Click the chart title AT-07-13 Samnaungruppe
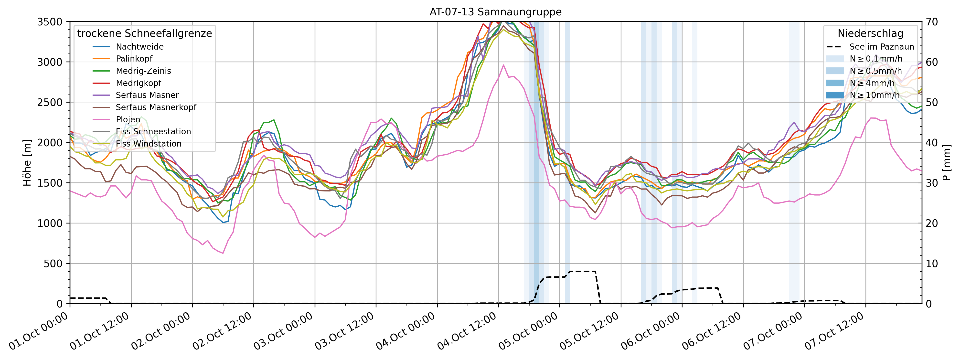[x=495, y=12]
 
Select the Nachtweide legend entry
[x=139, y=47]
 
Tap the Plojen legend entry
[x=128, y=119]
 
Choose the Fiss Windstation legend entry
[x=148, y=143]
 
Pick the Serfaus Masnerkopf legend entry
[x=156, y=107]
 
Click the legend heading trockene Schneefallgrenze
[x=145, y=33]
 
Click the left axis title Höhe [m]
[x=27, y=163]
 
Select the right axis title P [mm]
[x=947, y=163]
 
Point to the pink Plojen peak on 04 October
[x=503, y=65]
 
